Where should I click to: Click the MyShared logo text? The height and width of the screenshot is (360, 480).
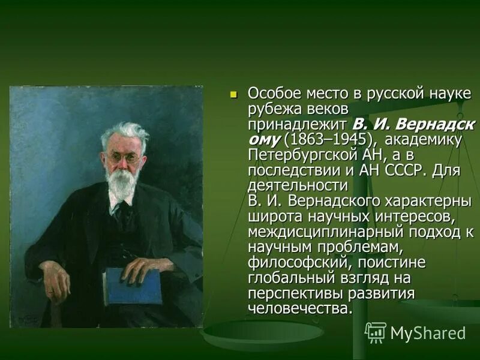pos(428,333)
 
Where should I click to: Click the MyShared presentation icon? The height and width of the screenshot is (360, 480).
pos(376,332)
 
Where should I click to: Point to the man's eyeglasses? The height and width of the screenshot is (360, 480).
pos(124,158)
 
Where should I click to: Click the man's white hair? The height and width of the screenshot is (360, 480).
pos(126,131)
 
